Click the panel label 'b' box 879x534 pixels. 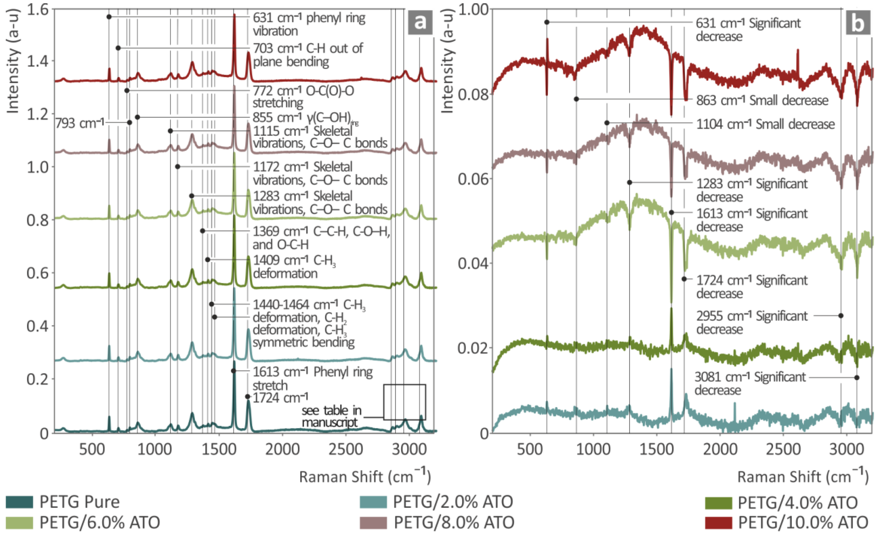pyautogui.click(x=858, y=23)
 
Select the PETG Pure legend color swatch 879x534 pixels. pyautogui.click(x=19, y=502)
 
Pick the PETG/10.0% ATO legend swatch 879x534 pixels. pyautogui.click(x=718, y=522)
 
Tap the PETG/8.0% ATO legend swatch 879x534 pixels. pyautogui.click(x=373, y=522)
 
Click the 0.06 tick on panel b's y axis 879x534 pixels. pyautogui.click(x=473, y=179)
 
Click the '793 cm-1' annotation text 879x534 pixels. pyautogui.click(x=79, y=123)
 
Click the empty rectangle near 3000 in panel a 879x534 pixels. pyautogui.click(x=404, y=402)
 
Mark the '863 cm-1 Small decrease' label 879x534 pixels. pyautogui.click(x=762, y=100)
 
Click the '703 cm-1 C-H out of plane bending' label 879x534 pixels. pyautogui.click(x=307, y=55)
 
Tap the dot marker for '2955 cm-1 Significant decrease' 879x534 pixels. pyautogui.click(x=841, y=316)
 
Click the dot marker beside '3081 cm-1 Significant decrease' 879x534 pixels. pyautogui.click(x=856, y=378)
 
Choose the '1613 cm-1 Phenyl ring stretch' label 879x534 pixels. pyautogui.click(x=312, y=378)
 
